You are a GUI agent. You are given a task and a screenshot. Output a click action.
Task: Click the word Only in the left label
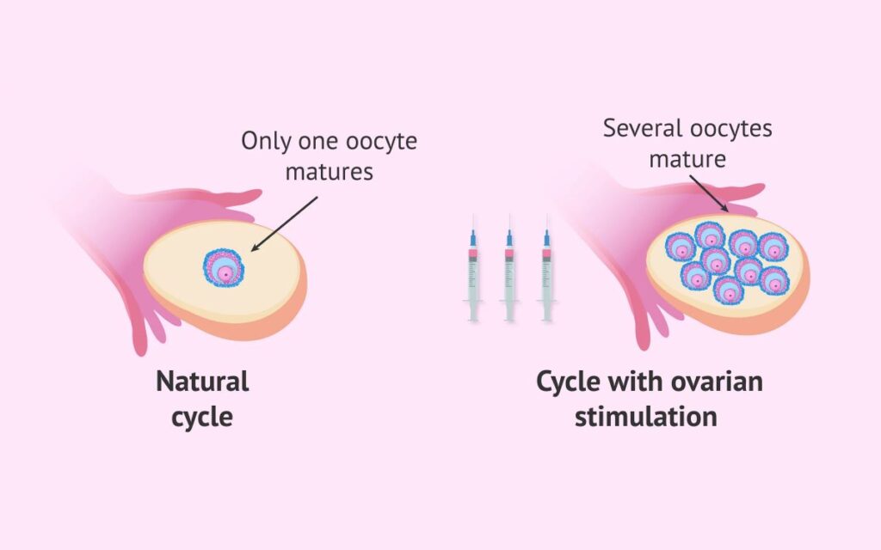coord(264,142)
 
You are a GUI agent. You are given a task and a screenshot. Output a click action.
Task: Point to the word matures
coord(330,171)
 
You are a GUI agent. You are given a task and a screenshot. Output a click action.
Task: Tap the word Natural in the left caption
coord(202,382)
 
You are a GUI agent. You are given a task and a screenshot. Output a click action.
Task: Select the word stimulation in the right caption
coord(646,417)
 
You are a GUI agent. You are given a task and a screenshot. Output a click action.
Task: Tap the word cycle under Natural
coord(202,417)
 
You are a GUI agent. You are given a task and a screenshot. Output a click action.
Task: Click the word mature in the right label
coord(688,159)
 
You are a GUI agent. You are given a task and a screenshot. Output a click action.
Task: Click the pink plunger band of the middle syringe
coord(509,255)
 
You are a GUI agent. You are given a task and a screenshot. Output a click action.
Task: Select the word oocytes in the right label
coord(730,129)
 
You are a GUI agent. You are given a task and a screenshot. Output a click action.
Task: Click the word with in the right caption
coord(641,382)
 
